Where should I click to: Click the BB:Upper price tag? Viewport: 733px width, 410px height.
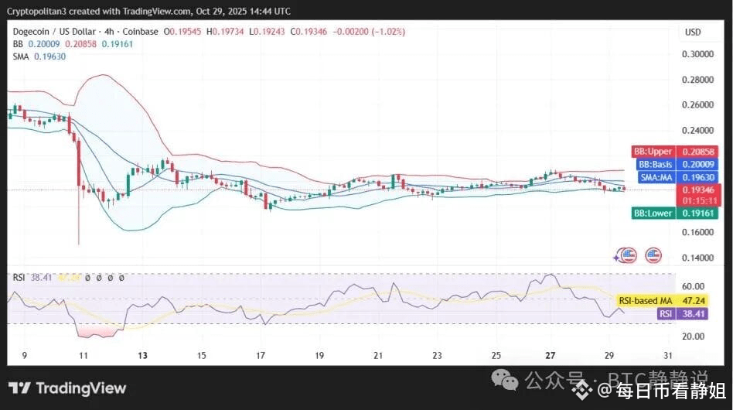[653, 152]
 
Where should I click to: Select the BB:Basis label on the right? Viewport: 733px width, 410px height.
[656, 164]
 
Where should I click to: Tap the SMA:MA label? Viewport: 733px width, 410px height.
[656, 177]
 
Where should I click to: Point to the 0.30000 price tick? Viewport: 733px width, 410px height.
[697, 54]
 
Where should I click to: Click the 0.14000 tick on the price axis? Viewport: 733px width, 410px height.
[697, 258]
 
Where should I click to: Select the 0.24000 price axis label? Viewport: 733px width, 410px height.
[697, 131]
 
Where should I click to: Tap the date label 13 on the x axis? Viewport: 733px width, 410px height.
[142, 355]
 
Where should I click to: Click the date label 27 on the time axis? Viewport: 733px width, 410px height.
[551, 355]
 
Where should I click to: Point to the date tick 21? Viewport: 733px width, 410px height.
[378, 355]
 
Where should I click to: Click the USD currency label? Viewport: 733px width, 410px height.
[693, 32]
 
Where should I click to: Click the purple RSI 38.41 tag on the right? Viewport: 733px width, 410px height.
[665, 314]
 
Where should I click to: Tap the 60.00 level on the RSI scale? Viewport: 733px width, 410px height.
[692, 285]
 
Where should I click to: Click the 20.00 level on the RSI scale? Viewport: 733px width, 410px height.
[692, 337]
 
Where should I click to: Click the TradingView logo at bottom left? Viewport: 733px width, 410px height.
[67, 388]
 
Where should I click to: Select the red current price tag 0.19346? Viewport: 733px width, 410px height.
[697, 190]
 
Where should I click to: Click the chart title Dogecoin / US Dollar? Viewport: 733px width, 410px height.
[55, 32]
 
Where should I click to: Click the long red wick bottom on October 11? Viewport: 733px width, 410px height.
[79, 244]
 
